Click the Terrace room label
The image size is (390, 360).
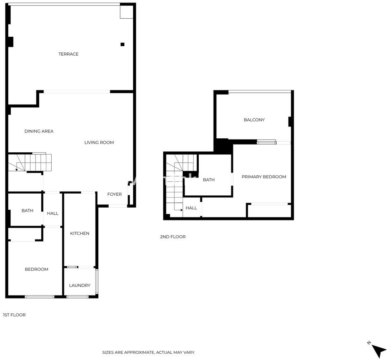(x=69, y=54)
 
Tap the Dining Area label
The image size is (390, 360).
(x=39, y=131)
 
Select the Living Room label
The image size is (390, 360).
(x=99, y=142)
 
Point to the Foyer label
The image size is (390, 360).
(x=114, y=194)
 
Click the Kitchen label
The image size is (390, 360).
(x=80, y=233)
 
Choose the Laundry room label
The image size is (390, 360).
(x=80, y=285)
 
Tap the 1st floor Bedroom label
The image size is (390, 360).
(x=36, y=269)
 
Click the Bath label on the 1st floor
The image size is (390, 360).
(x=27, y=211)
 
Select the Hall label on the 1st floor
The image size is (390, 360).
(x=53, y=213)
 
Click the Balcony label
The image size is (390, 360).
(x=254, y=120)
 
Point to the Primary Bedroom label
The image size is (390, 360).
(x=264, y=177)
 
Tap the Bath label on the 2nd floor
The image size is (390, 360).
(x=209, y=180)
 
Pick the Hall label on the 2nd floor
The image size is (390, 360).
(x=191, y=208)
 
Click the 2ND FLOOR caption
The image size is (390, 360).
(x=173, y=237)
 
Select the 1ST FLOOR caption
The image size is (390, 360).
(x=14, y=315)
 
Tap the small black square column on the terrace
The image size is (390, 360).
(x=122, y=45)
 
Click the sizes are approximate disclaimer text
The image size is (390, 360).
(x=148, y=352)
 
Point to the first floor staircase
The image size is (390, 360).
(x=30, y=163)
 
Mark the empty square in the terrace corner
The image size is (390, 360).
(x=126, y=12)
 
